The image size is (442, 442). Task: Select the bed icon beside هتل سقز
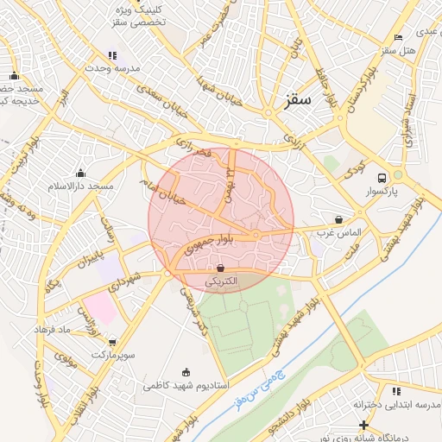(x=397, y=37)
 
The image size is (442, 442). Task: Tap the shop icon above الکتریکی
(x=221, y=268)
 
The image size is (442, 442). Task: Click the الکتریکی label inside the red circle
(x=223, y=282)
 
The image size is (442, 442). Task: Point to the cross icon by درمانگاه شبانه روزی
(x=363, y=424)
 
